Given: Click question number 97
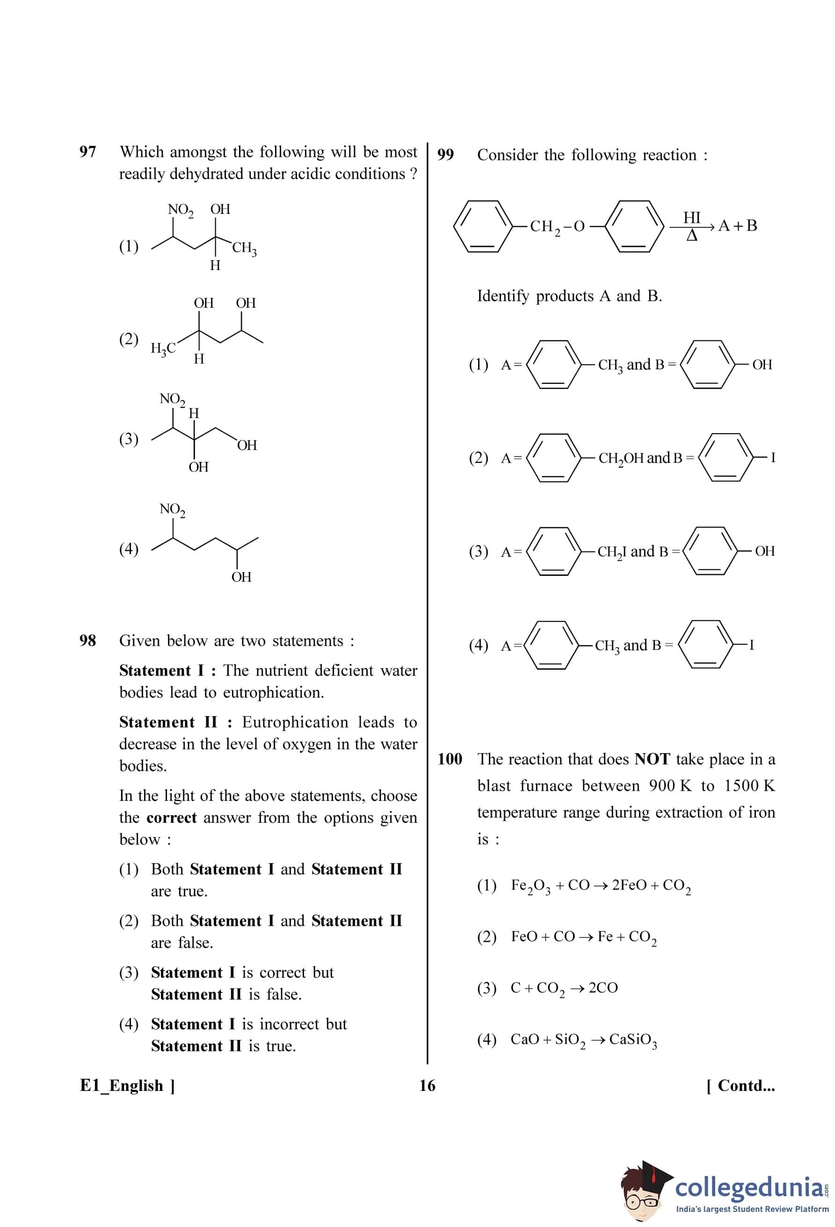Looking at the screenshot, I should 87,152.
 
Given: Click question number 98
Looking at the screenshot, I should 87,640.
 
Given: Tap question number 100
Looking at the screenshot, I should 450,759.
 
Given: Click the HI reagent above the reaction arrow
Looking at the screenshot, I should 691,218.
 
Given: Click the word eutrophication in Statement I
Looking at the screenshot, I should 273,692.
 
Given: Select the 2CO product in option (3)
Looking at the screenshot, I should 603,988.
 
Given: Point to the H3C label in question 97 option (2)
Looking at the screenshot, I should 163,348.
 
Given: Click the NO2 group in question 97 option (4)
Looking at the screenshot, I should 172,509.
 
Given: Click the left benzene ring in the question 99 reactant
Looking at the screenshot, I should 482,226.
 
